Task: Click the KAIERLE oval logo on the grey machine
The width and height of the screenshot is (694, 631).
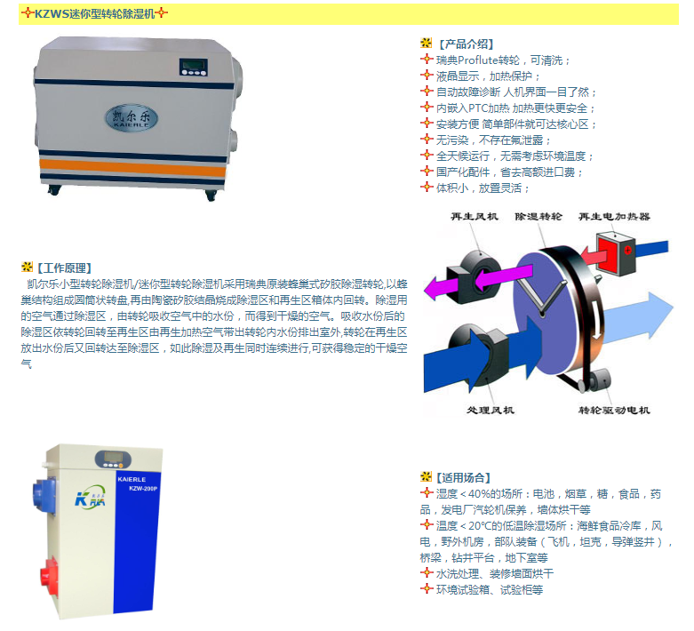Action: tap(132, 118)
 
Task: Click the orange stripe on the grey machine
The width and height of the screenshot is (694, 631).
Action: tap(132, 167)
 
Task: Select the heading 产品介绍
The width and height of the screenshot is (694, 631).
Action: tap(466, 44)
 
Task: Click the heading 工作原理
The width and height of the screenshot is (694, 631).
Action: tap(65, 268)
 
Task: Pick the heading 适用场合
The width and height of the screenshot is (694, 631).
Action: tap(463, 477)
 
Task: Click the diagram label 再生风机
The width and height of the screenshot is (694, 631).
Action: tap(475, 217)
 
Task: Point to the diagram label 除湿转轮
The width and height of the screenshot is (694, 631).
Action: tap(538, 217)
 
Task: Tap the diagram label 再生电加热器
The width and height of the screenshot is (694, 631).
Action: tap(614, 217)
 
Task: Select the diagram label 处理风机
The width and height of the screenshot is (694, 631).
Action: tap(491, 410)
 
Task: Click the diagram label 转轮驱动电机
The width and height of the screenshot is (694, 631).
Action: tap(614, 410)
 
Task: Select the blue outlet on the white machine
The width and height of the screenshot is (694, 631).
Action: tap(44, 494)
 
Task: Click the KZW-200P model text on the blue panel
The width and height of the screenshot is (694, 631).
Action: tap(143, 489)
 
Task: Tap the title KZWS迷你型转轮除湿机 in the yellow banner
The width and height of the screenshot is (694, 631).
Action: tap(95, 13)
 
